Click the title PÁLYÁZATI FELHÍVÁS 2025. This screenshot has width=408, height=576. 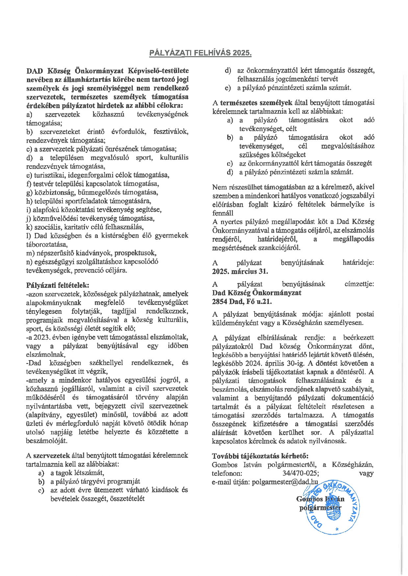click(201, 53)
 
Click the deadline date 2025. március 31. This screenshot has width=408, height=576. click(240, 271)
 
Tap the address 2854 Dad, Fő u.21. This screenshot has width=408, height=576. click(242, 301)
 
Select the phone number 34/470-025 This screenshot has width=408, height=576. click(300, 473)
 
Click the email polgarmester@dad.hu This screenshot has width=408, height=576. click(285, 482)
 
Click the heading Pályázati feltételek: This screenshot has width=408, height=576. click(58, 285)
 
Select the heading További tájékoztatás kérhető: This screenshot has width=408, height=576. click(260, 456)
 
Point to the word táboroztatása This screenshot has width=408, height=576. click(47, 244)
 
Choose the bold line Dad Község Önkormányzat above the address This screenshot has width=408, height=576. click(257, 293)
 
